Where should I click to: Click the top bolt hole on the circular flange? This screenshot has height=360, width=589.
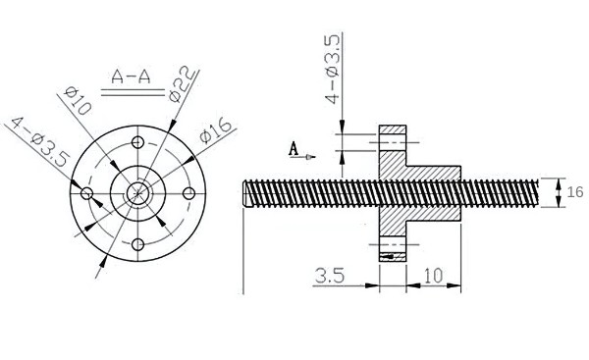(x=138, y=143)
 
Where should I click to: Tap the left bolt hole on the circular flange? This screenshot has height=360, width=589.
(x=87, y=193)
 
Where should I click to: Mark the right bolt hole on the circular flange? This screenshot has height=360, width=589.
(x=188, y=193)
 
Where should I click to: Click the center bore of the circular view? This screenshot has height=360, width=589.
(x=138, y=193)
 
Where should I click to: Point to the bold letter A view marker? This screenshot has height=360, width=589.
(x=293, y=149)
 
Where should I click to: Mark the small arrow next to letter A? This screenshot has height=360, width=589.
(x=310, y=155)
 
